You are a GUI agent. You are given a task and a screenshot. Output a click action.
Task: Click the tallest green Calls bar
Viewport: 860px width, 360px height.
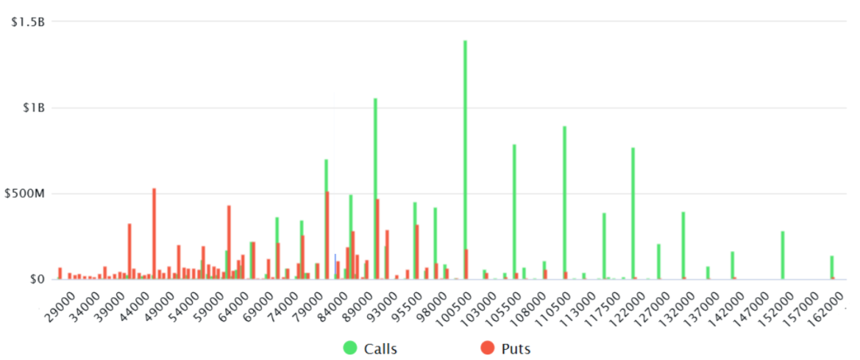click(465, 159)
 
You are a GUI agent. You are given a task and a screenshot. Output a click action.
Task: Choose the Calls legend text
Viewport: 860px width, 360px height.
click(381, 348)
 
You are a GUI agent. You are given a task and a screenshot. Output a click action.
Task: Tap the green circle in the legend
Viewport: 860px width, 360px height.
click(350, 348)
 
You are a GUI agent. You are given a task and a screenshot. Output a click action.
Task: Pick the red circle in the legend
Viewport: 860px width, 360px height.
click(487, 348)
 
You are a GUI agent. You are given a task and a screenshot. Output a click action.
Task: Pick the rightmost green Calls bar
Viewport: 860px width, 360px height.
click(831, 268)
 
